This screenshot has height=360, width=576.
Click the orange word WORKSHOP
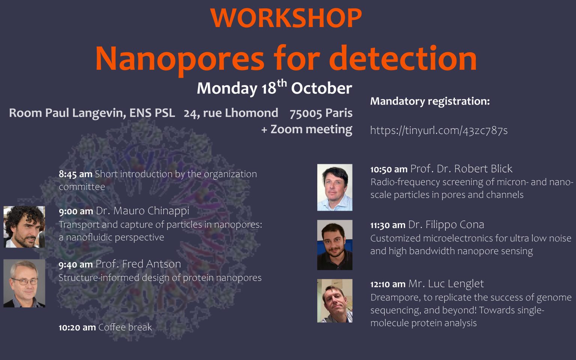286,18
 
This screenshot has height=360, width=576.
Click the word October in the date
321,88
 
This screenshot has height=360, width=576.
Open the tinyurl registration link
439,130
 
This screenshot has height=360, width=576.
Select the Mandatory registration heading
430,101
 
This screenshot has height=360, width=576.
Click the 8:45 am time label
75,174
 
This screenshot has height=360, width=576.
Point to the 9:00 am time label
76,211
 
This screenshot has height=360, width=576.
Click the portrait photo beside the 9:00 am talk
24,227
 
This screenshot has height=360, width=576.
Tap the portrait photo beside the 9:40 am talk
24,283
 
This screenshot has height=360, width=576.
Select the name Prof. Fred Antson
138,264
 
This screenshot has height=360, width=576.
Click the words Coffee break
125,327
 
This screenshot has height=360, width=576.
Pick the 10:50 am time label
389,169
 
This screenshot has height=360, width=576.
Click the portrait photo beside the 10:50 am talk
335,187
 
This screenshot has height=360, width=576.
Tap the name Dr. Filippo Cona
446,225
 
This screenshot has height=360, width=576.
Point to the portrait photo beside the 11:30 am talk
335,245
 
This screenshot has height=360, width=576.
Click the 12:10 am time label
388,284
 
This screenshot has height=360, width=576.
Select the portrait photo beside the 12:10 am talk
335,301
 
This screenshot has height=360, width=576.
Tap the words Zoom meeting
311,129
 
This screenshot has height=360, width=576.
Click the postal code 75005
306,113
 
